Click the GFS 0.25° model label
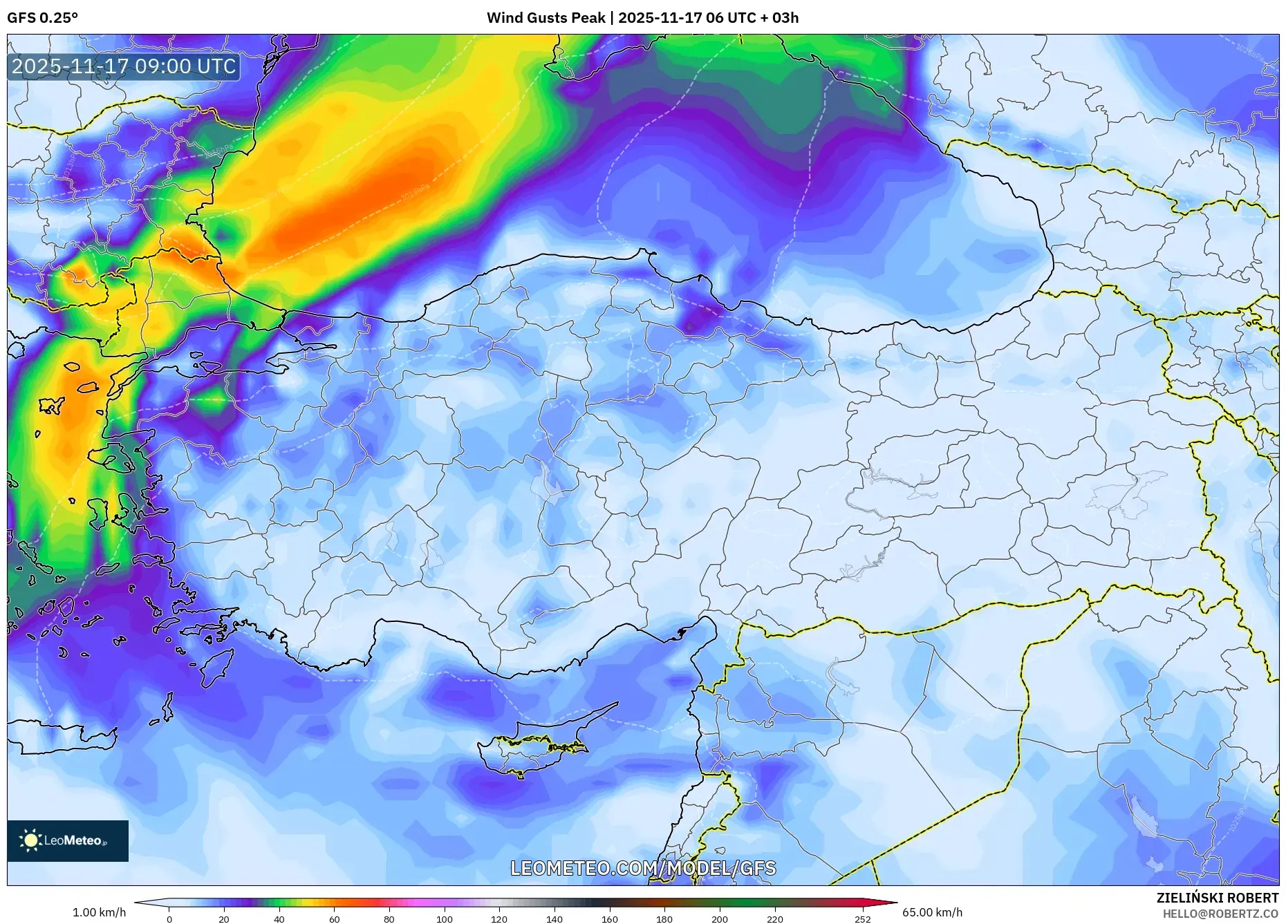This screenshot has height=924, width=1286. (x=42, y=18)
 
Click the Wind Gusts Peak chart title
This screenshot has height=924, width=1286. (x=642, y=18)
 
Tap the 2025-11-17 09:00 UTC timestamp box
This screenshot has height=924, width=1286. (x=124, y=66)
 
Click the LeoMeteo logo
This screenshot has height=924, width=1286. (x=68, y=840)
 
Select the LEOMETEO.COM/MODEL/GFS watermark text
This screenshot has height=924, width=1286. (x=643, y=868)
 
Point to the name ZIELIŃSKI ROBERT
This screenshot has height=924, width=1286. (x=1217, y=898)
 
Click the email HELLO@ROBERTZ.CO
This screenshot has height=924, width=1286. (x=1220, y=914)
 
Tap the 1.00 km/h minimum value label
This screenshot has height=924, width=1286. (x=100, y=912)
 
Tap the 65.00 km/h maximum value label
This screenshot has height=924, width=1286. (x=932, y=912)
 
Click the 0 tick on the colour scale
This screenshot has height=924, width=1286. (x=169, y=919)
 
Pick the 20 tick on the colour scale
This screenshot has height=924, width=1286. (x=223, y=919)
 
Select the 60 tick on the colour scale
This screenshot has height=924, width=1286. (x=334, y=919)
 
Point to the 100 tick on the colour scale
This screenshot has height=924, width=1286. (x=444, y=919)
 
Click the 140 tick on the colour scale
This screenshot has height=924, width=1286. (x=554, y=919)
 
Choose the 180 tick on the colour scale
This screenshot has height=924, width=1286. (x=664, y=919)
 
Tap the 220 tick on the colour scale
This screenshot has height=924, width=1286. (x=774, y=919)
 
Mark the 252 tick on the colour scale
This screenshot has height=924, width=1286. (x=862, y=919)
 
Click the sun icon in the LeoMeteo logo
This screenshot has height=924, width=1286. (x=31, y=840)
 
